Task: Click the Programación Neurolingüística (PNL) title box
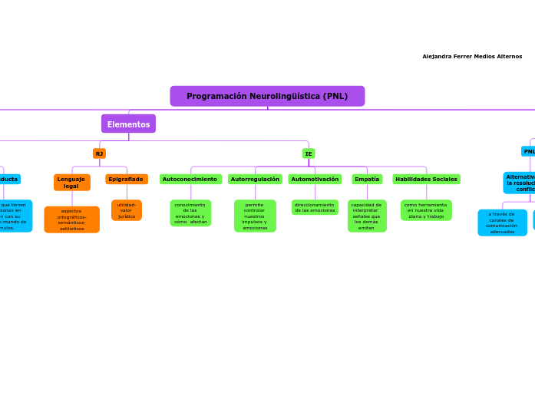[x=267, y=96]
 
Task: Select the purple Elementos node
[x=128, y=124]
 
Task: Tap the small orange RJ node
[x=99, y=153]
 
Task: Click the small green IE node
[x=309, y=153]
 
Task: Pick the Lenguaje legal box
[x=71, y=182]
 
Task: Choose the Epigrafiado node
[x=126, y=179]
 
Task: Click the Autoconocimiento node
[x=190, y=179]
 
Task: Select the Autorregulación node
[x=255, y=179]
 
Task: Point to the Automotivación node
[x=315, y=179]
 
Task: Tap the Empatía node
[x=367, y=179]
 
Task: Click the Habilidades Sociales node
[x=426, y=179]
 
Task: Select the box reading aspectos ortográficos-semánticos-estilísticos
[x=71, y=219]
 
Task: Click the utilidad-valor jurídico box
[x=127, y=210]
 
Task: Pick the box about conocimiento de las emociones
[x=190, y=213]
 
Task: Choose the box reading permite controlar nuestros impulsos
[x=255, y=216]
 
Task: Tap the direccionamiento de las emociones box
[x=315, y=207]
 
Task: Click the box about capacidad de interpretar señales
[x=367, y=216]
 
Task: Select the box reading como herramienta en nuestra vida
[x=426, y=210]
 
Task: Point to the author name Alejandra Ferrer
[x=472, y=56]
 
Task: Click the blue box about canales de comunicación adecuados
[x=502, y=223]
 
